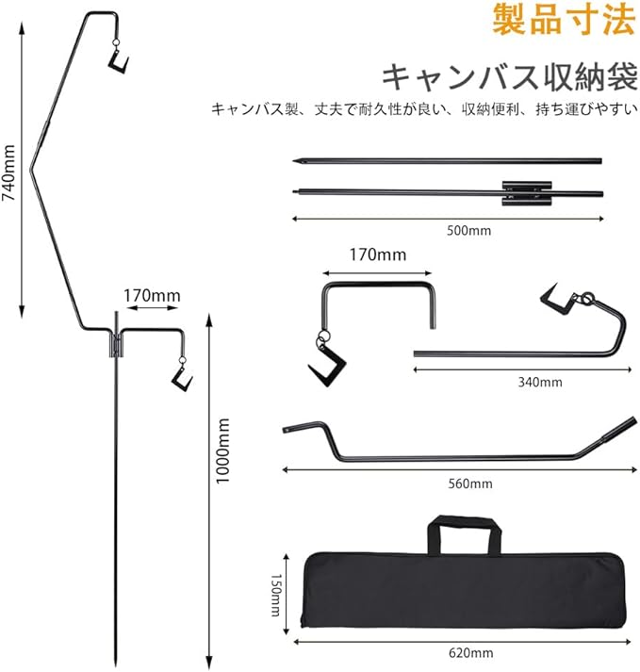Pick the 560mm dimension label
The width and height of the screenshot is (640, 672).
pyautogui.click(x=471, y=484)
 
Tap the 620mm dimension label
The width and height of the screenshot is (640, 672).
pyautogui.click(x=471, y=651)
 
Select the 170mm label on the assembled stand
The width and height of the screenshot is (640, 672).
pyautogui.click(x=152, y=296)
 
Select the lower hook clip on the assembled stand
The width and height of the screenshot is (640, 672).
pyautogui.click(x=180, y=377)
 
